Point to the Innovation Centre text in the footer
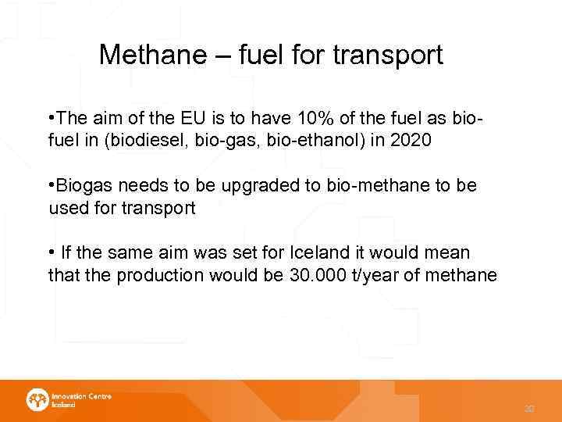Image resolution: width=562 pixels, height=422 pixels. tap(81, 396)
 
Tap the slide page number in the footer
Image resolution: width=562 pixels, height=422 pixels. tap(530, 408)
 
